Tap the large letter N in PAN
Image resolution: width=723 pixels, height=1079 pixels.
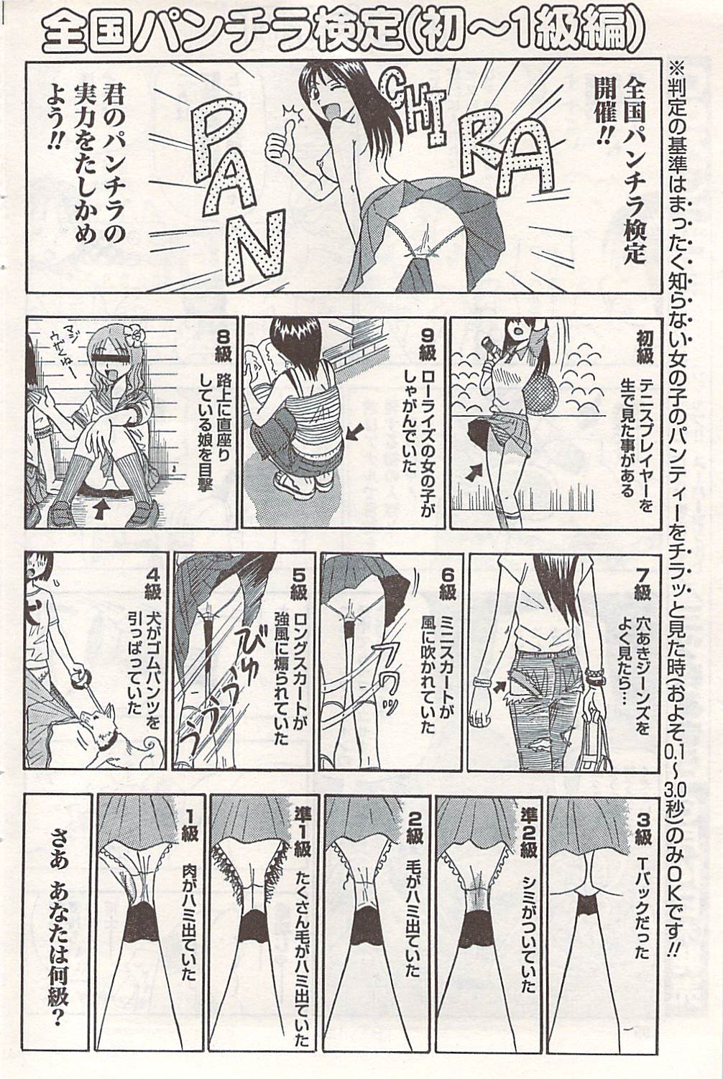(x=257, y=248)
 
